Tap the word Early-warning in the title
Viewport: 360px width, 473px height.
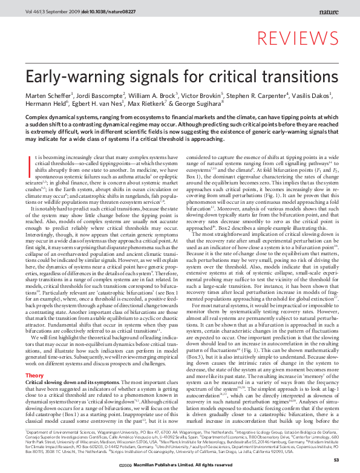pos(71,76)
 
